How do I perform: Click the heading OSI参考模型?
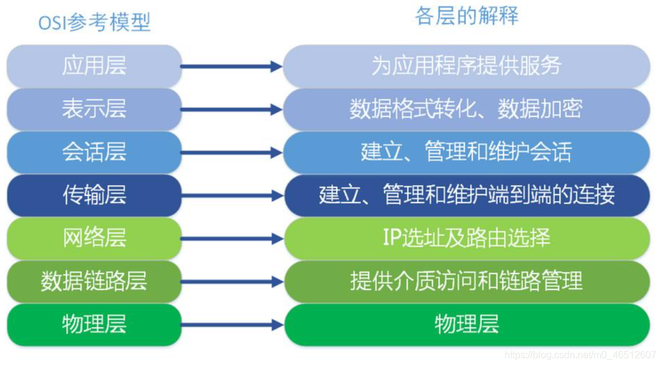[x=94, y=23]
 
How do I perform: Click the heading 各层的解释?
[x=466, y=17]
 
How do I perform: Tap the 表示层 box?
[x=94, y=109]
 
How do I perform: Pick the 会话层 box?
[x=94, y=152]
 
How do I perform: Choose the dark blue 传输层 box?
[x=94, y=195]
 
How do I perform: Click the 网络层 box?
[x=94, y=238]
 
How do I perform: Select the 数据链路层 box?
[x=94, y=282]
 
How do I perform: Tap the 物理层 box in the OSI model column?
[x=94, y=324]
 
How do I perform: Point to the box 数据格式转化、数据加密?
[x=466, y=109]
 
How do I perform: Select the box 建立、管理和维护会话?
[x=466, y=152]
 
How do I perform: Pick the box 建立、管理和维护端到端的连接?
[x=466, y=195]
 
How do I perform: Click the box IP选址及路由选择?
[x=466, y=238]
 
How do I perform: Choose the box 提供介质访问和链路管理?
[x=466, y=282]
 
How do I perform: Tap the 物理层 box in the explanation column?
[x=466, y=324]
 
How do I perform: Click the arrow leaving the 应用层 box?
[x=232, y=67]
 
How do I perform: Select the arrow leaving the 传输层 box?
[x=232, y=196]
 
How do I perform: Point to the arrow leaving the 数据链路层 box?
[x=232, y=282]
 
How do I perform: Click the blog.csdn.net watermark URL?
[x=580, y=354]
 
